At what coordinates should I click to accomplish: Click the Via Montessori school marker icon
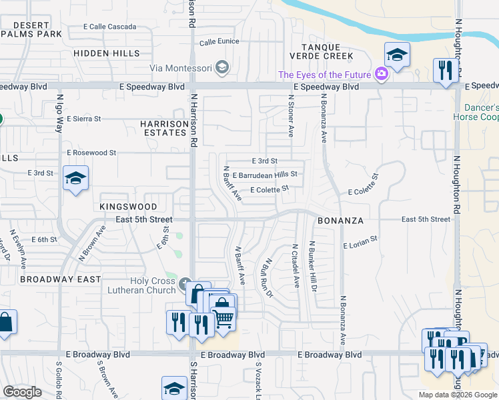223,67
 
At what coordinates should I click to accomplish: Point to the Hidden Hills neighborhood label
104,52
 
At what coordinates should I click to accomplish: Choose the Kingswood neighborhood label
128,207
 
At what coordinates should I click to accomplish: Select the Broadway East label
60,279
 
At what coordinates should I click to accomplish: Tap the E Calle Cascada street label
109,27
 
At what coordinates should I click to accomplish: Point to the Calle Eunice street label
219,42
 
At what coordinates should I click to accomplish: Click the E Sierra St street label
83,119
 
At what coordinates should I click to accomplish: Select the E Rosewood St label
91,153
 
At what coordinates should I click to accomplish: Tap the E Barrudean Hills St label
264,174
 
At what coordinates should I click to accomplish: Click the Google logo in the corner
23,392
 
